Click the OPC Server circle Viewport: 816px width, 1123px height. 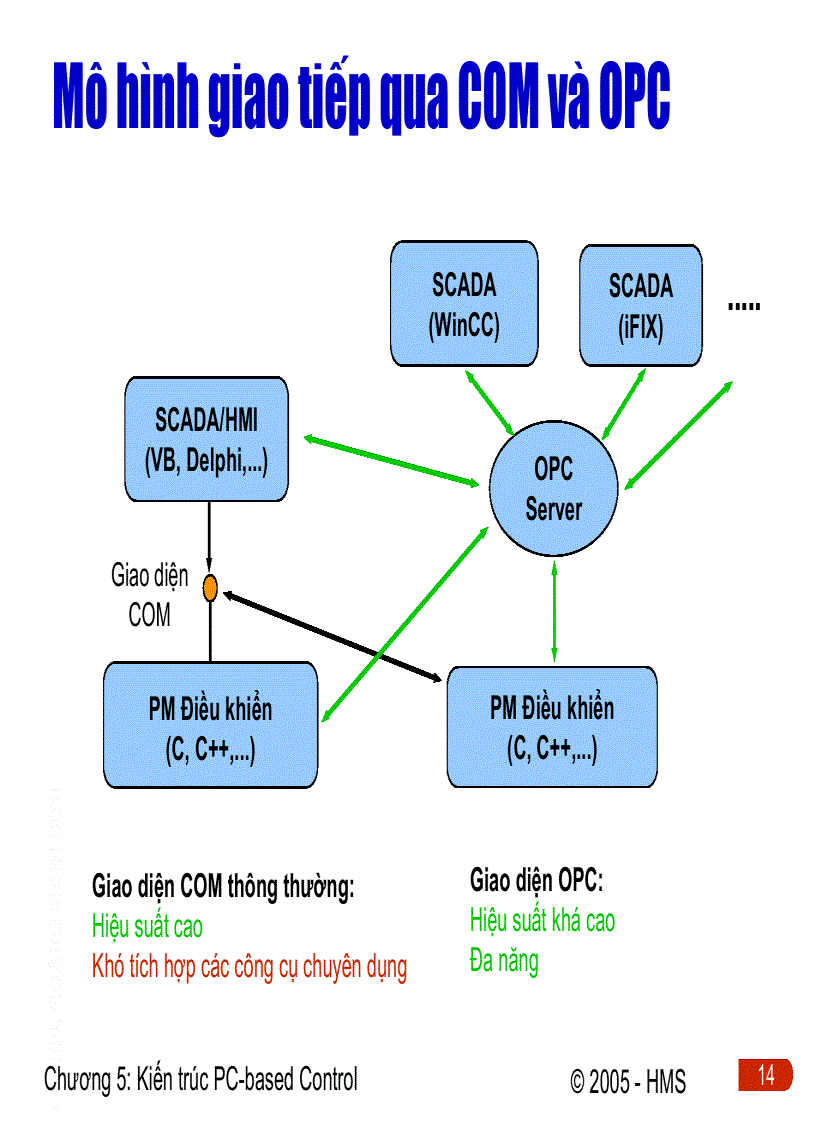tap(553, 490)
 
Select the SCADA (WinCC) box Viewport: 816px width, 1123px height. tap(463, 304)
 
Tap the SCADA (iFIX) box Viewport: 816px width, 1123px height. tap(640, 305)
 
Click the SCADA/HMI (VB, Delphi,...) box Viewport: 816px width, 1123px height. tap(206, 439)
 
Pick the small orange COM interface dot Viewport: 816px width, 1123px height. tap(210, 588)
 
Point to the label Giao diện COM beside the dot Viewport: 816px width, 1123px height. tap(149, 596)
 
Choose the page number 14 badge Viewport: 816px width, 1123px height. tap(765, 1075)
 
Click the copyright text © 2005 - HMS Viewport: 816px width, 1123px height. tap(628, 1082)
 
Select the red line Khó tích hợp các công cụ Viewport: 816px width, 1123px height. tap(249, 967)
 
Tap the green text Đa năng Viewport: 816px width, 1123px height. tap(504, 962)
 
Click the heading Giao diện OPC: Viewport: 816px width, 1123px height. tap(537, 881)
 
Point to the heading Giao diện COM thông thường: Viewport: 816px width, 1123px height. tap(223, 886)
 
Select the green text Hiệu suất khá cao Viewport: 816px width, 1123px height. tap(542, 921)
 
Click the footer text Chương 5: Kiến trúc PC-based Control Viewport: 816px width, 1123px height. tap(201, 1079)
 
